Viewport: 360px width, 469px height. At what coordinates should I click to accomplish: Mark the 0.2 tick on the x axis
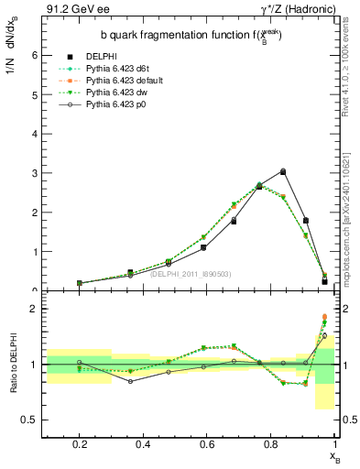pyautogui.click(x=80, y=446)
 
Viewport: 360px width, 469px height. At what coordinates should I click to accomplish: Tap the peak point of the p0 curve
pyautogui.click(x=283, y=171)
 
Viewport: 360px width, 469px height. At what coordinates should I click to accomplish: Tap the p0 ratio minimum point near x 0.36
pyautogui.click(x=131, y=381)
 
